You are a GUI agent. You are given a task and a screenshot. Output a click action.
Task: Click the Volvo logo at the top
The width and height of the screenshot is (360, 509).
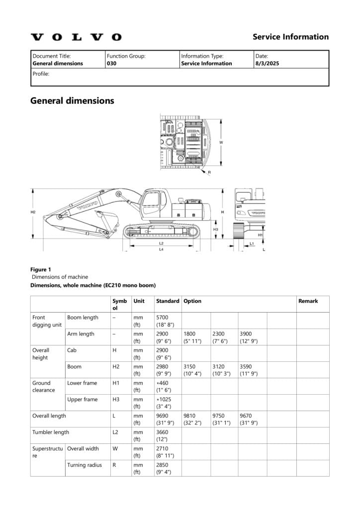click(x=76, y=37)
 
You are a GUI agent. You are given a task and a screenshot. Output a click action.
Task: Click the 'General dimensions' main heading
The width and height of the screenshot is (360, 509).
click(x=72, y=101)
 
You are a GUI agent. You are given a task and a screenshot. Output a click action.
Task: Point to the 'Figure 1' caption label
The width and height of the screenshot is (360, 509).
click(x=41, y=269)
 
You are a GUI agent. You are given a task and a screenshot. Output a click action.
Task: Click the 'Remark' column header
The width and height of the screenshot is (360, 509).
click(x=308, y=301)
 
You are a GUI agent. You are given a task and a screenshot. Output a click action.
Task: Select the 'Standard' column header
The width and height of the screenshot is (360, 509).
click(x=168, y=301)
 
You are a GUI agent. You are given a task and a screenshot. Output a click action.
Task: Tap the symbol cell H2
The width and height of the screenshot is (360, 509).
click(x=116, y=366)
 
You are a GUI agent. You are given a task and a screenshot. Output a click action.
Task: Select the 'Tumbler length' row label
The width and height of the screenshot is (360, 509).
click(x=51, y=432)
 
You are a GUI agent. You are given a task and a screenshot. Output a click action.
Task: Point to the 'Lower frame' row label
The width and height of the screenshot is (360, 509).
click(x=81, y=383)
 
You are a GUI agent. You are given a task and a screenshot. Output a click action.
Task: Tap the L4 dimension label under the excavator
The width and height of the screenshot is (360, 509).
click(x=161, y=250)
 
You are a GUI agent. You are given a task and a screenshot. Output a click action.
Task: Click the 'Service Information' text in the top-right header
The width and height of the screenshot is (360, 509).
click(x=290, y=37)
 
